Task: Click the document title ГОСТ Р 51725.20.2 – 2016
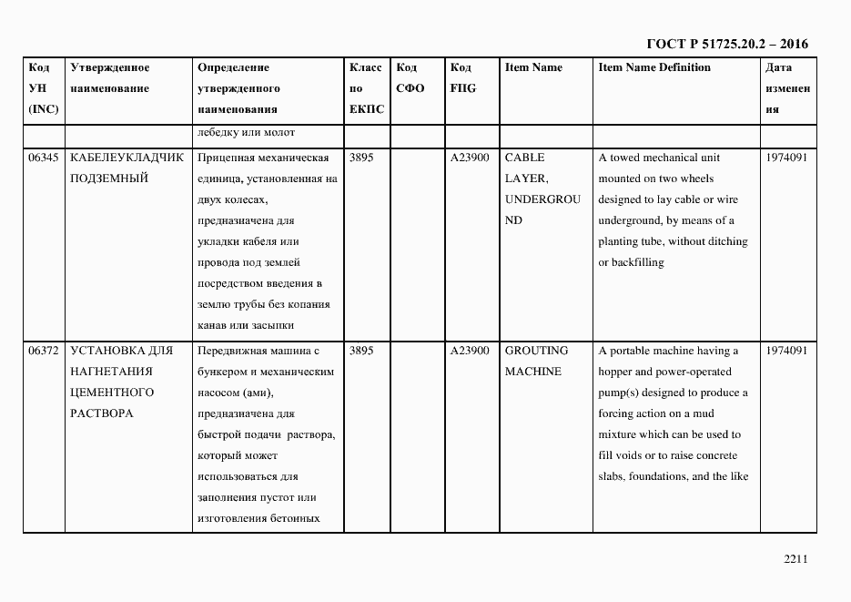726,44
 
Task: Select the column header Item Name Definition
653,67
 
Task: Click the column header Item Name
533,67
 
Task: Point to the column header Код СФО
410,78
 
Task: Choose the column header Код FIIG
462,78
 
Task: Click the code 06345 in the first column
44,158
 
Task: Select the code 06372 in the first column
44,351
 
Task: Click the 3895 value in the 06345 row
361,158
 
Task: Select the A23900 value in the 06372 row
470,351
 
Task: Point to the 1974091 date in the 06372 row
786,351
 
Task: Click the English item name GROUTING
536,351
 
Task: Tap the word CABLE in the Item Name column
524,158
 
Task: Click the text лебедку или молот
246,133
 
